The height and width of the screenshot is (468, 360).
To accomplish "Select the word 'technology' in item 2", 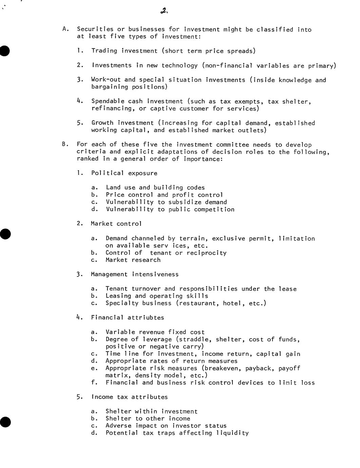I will click(179, 65).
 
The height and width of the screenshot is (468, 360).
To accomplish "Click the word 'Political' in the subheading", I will click(108, 173).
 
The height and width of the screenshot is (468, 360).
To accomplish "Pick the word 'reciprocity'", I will click(206, 253).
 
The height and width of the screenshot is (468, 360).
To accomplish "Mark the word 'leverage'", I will click(157, 339).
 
